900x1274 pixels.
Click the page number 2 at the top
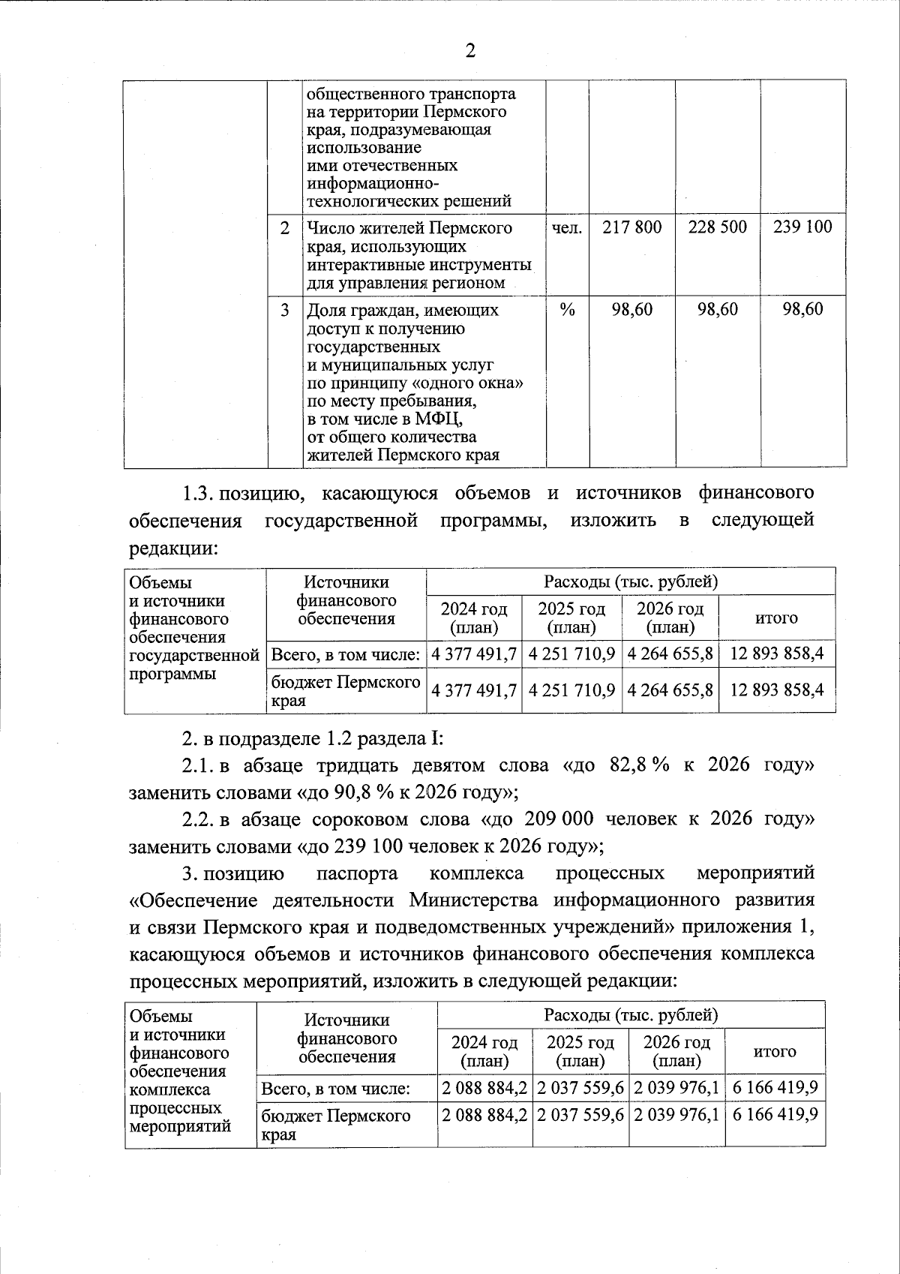pos(470,51)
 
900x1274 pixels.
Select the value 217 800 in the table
pos(631,227)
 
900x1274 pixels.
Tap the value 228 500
pos(718,227)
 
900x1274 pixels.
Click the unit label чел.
pos(567,227)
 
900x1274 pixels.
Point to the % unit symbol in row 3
pos(567,310)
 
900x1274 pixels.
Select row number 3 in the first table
pos(284,310)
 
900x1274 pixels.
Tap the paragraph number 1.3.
pos(199,494)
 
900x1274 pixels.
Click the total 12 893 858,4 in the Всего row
pos(776,654)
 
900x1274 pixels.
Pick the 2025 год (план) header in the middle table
pos(572,617)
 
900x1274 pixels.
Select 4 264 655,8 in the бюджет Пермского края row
pos(670,689)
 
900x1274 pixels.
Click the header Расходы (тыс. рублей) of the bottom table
pos(631,1015)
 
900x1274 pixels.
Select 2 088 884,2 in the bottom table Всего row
pos(484,1087)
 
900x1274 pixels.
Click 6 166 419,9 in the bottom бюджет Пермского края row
pos(775,1114)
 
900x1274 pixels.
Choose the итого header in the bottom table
pos(775,1052)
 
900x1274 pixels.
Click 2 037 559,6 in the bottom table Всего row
pos(580,1087)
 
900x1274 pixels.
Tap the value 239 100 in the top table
pos(802,227)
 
